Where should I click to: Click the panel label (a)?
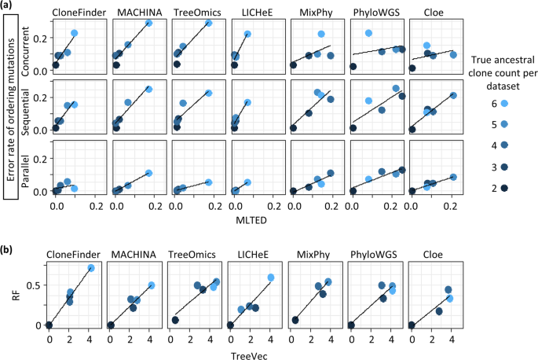tap(9, 7)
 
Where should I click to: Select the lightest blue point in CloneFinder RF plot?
tap(91, 268)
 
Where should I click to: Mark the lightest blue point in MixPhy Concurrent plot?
tap(321, 35)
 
